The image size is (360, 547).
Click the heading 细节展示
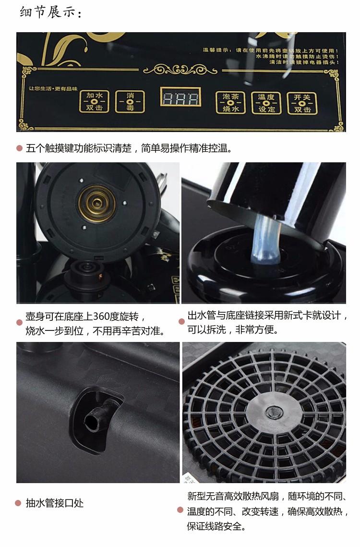pyautogui.click(x=51, y=12)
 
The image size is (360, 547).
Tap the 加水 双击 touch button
pyautogui.click(x=95, y=102)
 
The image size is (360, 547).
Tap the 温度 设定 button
pyautogui.click(x=266, y=103)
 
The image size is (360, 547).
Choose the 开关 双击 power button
pyautogui.click(x=302, y=103)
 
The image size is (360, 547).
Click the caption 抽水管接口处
pyautogui.click(x=55, y=503)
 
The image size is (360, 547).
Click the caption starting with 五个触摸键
pyautogui.click(x=130, y=148)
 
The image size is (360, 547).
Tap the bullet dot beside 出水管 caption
pyautogui.click(x=181, y=321)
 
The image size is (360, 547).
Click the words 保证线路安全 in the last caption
pyautogui.click(x=216, y=526)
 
